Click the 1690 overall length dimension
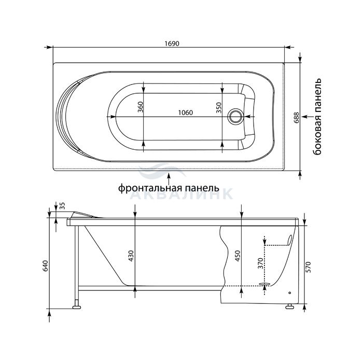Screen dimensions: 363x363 172,44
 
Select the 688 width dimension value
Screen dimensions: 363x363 297,118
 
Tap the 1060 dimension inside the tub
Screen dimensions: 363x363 186,113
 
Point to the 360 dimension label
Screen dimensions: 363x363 141,107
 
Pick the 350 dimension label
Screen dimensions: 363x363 219,108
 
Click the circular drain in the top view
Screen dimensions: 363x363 235,117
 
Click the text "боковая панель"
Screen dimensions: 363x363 317,117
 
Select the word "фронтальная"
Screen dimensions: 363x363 148,188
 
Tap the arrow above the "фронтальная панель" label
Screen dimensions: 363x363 169,178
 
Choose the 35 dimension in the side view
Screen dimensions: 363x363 63,206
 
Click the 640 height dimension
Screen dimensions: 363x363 45,266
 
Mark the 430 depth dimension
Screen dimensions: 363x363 131,256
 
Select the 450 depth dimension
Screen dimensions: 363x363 238,256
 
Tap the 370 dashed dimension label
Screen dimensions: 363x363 260,263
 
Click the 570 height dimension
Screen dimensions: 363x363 309,267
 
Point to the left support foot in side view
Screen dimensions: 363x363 77,307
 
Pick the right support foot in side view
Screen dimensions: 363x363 289,307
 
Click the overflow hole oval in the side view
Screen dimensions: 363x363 289,240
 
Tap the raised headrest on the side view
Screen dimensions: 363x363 86,215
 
